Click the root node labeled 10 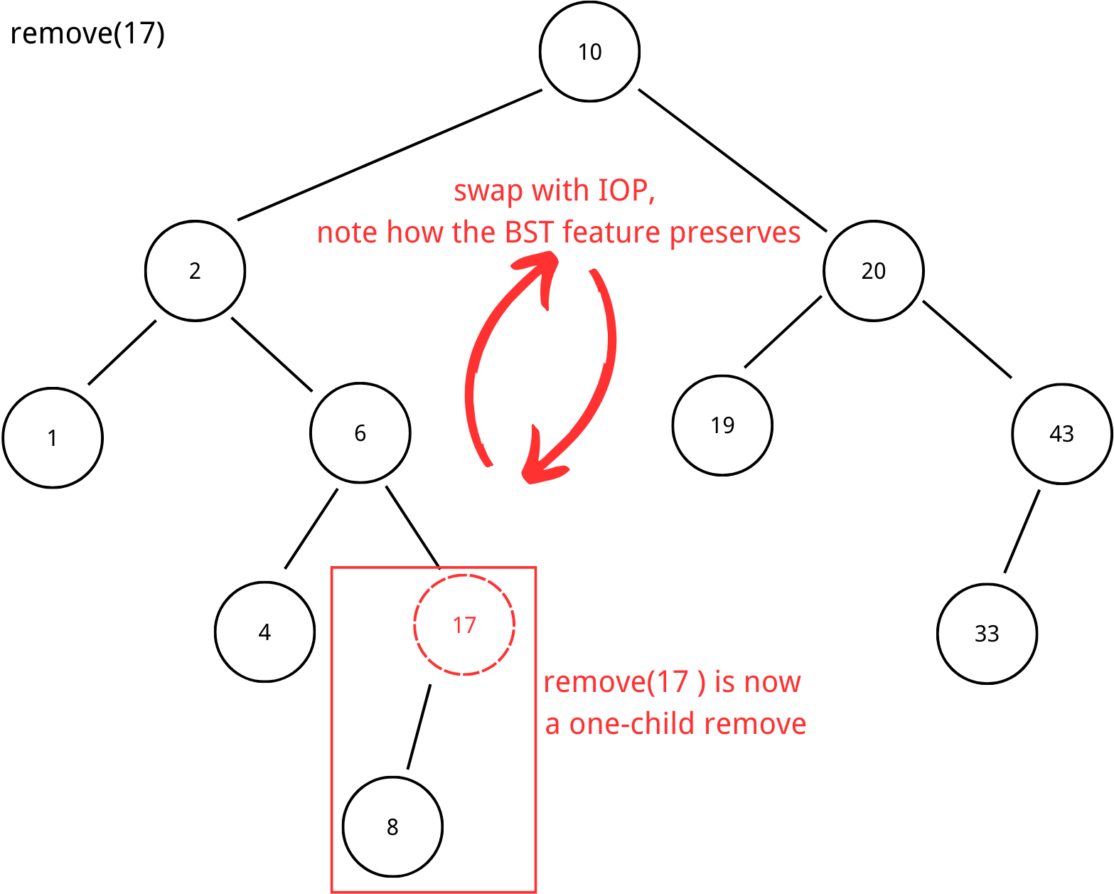pyautogui.click(x=589, y=52)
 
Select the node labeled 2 pyautogui.click(x=195, y=271)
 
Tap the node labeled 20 pyautogui.click(x=873, y=271)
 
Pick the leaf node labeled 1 pyautogui.click(x=53, y=437)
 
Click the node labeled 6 pyautogui.click(x=360, y=433)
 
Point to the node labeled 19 pyautogui.click(x=722, y=425)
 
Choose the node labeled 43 pyautogui.click(x=1061, y=434)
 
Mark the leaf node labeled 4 pyautogui.click(x=264, y=632)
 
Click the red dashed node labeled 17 pyautogui.click(x=464, y=625)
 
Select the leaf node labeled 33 pyautogui.click(x=987, y=634)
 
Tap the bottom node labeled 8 pyautogui.click(x=392, y=826)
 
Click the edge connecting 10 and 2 pyautogui.click(x=390, y=154)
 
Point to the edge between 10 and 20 pyautogui.click(x=733, y=161)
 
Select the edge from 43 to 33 pyautogui.click(x=1022, y=531)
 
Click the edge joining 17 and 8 pyautogui.click(x=419, y=727)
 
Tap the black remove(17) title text pyautogui.click(x=87, y=33)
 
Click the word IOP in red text pyautogui.click(x=623, y=191)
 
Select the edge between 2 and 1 pyautogui.click(x=122, y=353)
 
